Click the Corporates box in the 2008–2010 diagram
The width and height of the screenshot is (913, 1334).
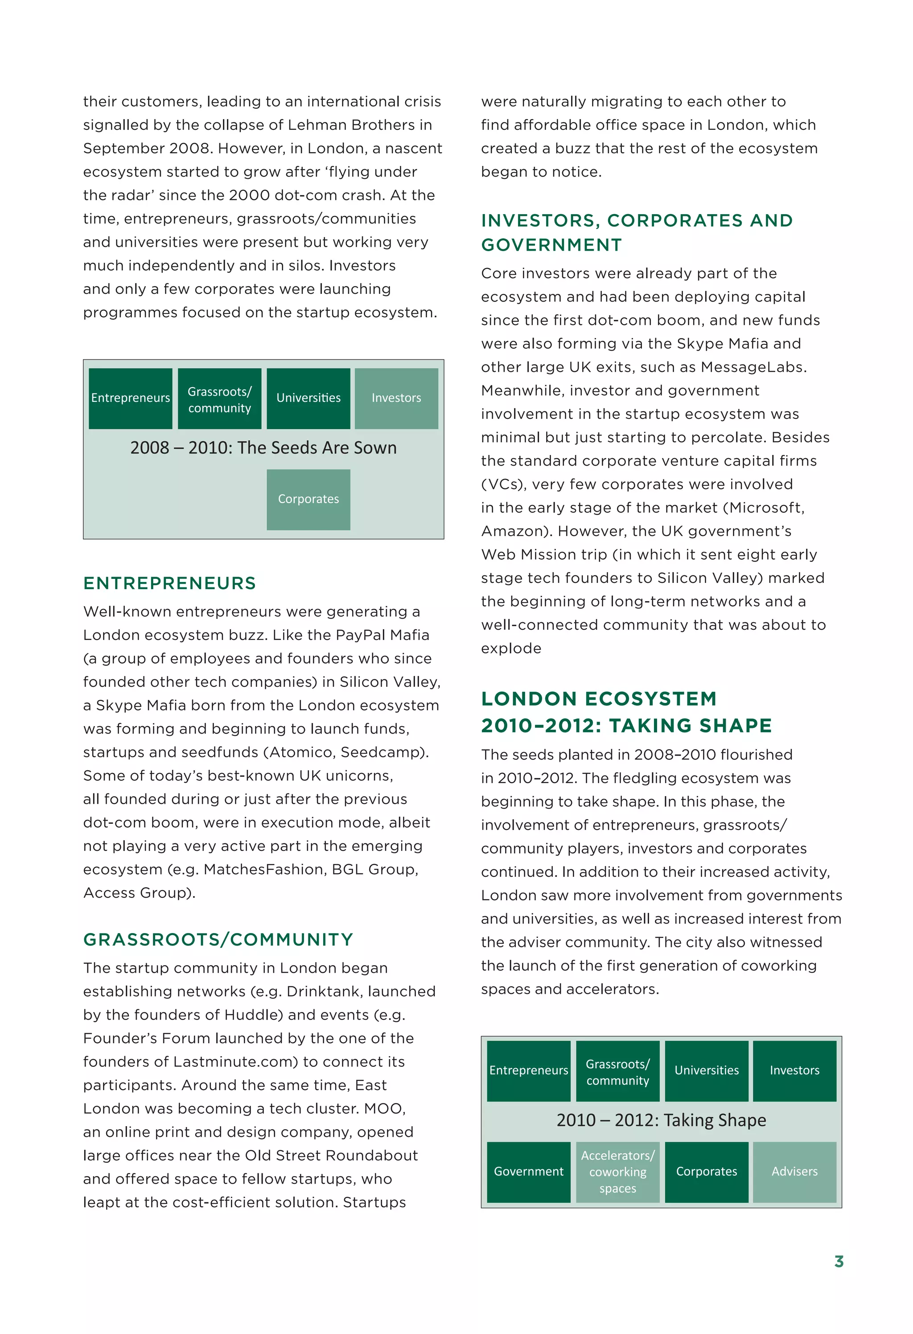point(308,499)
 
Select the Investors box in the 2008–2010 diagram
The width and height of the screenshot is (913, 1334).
point(396,398)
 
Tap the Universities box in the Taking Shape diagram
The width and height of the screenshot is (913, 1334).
point(707,1070)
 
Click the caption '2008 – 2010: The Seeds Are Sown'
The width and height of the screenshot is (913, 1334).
point(263,448)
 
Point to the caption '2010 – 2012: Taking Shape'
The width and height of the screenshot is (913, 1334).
point(661,1120)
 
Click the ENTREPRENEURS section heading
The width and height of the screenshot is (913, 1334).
point(169,583)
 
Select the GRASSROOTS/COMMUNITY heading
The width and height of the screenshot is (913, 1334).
point(218,940)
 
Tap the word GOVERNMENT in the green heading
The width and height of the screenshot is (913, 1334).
point(551,245)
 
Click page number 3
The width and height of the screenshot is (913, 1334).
point(839,1262)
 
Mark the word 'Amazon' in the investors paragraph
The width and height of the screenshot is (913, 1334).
point(513,532)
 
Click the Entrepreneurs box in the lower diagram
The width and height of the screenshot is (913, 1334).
point(529,1070)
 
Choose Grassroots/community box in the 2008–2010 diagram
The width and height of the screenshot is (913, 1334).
point(219,399)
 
